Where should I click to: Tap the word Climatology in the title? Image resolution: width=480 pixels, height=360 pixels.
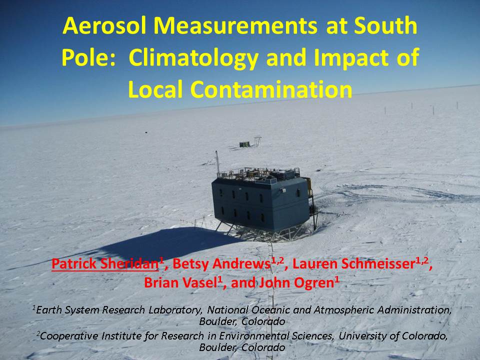pos(194,58)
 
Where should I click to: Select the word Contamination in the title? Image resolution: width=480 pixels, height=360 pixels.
pos(271,89)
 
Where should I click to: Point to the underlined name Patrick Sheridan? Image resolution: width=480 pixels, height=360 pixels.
pos(105,264)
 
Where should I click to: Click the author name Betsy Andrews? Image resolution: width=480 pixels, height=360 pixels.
pos(221,264)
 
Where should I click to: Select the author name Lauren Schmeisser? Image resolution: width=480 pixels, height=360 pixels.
pos(353,264)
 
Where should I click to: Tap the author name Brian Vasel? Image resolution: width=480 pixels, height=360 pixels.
pos(180,282)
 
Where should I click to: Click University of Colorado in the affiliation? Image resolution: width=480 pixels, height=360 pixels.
pos(392,336)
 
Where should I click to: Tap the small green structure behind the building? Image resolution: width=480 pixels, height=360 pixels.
pos(244,144)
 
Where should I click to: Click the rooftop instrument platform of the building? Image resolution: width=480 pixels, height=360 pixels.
pos(258,174)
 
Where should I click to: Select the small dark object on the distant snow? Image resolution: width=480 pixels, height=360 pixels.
pos(145,132)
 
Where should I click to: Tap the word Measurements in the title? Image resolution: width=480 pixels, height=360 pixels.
pos(235,25)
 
